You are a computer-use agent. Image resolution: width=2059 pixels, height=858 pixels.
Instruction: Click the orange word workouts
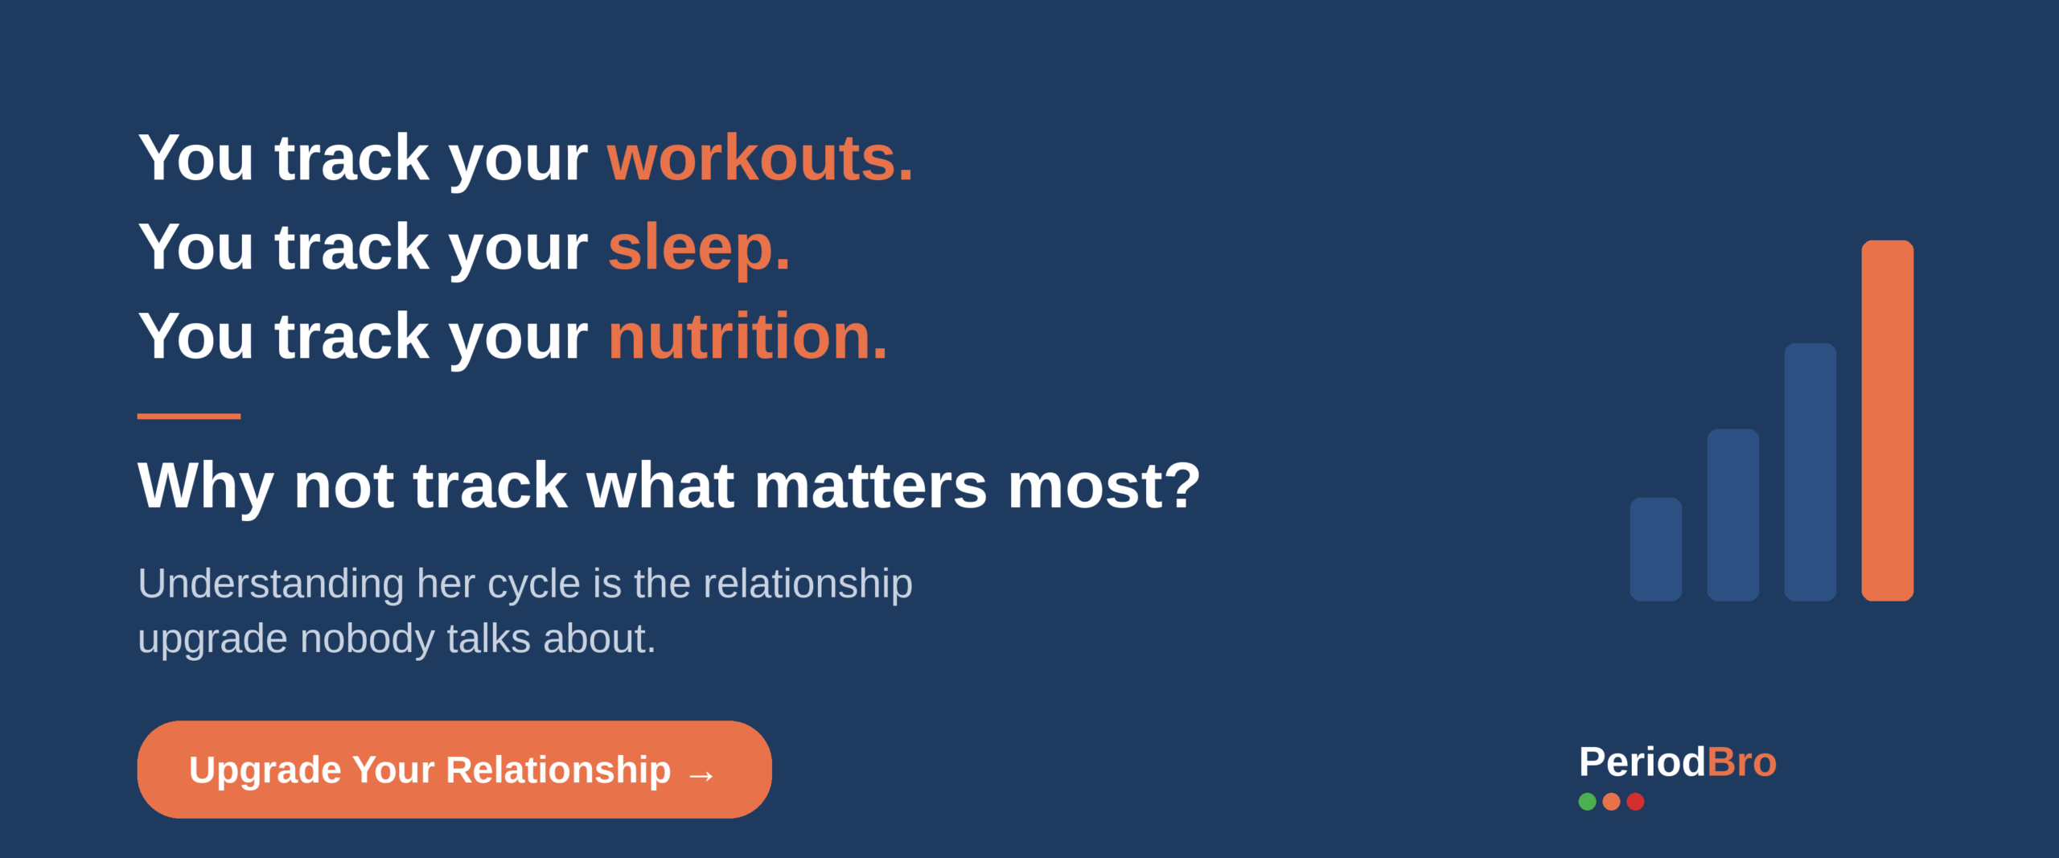[x=759, y=158]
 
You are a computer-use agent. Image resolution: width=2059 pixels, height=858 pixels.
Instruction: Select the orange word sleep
[x=698, y=248]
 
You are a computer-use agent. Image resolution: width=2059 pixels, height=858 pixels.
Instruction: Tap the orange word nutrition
[x=747, y=336]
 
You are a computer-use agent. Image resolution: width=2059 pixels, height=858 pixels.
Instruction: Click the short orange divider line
[x=189, y=416]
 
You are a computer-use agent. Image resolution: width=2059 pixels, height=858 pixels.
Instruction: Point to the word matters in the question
[x=870, y=486]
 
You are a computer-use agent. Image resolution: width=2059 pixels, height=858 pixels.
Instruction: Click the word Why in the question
[x=205, y=486]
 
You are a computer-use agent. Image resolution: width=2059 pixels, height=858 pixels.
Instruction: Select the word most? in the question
[x=1103, y=486]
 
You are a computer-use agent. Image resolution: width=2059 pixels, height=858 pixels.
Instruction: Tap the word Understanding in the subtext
[x=271, y=584]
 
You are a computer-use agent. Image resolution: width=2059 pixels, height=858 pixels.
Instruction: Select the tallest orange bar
[x=1887, y=420]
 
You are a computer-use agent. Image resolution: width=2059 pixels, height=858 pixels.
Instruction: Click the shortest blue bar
[x=1655, y=549]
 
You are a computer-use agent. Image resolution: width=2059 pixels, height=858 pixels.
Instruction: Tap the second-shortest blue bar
[x=1732, y=515]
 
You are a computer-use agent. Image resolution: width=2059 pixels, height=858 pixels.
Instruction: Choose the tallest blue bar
[x=1810, y=472]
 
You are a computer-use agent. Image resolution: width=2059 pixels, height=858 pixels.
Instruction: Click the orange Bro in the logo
[x=1741, y=762]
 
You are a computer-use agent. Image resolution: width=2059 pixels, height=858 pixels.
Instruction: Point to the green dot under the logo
[x=1587, y=801]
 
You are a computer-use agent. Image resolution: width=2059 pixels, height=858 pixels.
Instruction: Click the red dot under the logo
[x=1635, y=801]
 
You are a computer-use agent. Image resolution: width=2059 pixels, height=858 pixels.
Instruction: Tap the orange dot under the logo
[x=1611, y=801]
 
